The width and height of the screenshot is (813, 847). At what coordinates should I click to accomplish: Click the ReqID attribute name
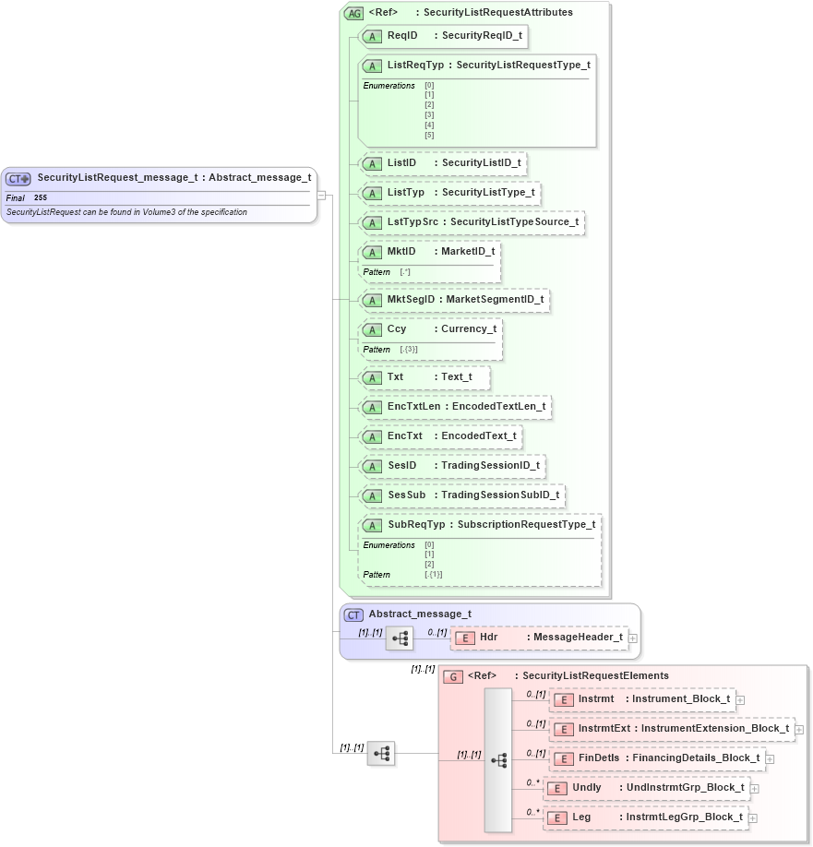(x=401, y=36)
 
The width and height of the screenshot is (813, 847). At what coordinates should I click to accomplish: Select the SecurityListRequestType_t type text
(x=523, y=66)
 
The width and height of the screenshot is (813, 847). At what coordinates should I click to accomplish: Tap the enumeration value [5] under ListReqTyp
(x=429, y=135)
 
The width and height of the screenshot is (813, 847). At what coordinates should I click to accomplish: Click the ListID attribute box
(x=442, y=163)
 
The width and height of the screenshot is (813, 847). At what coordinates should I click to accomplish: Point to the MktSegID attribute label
(x=410, y=300)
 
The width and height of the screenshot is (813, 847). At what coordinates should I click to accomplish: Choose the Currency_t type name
(x=468, y=328)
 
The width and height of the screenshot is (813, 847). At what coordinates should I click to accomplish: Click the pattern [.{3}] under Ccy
(x=409, y=350)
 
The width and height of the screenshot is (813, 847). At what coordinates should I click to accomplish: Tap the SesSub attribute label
(x=406, y=495)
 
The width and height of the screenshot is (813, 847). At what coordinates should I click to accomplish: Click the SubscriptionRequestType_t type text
(x=526, y=524)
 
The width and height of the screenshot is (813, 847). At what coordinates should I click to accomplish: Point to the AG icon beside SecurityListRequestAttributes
(x=353, y=13)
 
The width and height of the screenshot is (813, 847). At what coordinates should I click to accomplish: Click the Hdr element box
(x=541, y=638)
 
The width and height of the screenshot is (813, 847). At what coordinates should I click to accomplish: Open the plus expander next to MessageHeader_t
(x=632, y=638)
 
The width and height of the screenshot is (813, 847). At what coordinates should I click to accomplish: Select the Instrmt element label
(x=596, y=699)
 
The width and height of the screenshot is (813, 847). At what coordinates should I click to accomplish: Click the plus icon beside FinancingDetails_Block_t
(x=771, y=759)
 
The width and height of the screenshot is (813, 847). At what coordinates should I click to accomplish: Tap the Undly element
(x=586, y=788)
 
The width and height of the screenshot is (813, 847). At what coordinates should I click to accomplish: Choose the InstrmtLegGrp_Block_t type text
(x=684, y=817)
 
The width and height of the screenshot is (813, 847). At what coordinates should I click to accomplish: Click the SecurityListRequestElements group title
(x=591, y=676)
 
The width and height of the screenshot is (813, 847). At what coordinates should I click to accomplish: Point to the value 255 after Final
(x=41, y=197)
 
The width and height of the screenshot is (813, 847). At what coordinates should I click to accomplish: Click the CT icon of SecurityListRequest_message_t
(x=18, y=178)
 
